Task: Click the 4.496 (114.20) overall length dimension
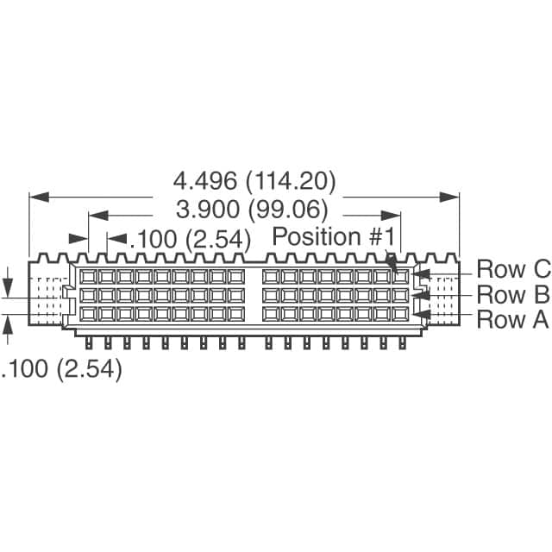254,181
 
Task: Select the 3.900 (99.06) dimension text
252,210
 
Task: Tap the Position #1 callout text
334,236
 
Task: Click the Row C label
513,269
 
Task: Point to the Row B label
512,294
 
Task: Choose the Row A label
512,319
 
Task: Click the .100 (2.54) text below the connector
61,369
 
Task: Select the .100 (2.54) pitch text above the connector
191,240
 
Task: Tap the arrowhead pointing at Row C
421,274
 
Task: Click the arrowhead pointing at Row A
422,314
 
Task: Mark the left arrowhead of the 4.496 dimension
39,198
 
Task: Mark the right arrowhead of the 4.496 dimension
449,198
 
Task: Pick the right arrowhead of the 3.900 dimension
391,216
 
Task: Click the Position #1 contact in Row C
400,277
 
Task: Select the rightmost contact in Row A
400,314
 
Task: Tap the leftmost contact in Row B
88,295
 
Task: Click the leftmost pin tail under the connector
89,343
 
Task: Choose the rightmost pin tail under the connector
403,343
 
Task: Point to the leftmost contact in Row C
88,277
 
